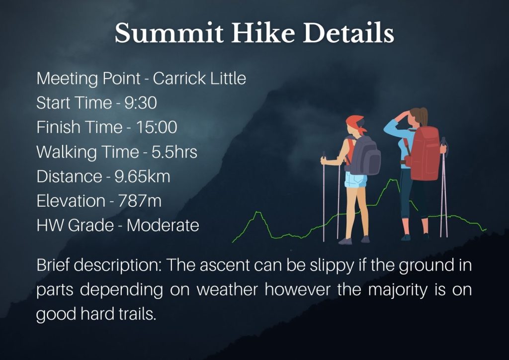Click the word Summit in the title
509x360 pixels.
point(169,33)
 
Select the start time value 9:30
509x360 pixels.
point(141,103)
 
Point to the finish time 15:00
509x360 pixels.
point(157,127)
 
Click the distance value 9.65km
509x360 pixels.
point(142,177)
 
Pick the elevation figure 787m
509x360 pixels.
point(140,201)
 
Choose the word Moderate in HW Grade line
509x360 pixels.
point(163,225)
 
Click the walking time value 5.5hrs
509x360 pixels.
point(174,152)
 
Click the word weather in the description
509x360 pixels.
point(227,289)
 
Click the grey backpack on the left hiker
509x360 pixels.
point(365,156)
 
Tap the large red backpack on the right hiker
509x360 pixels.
point(424,153)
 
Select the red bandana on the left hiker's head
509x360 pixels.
point(355,124)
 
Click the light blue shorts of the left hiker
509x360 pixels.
point(355,180)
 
